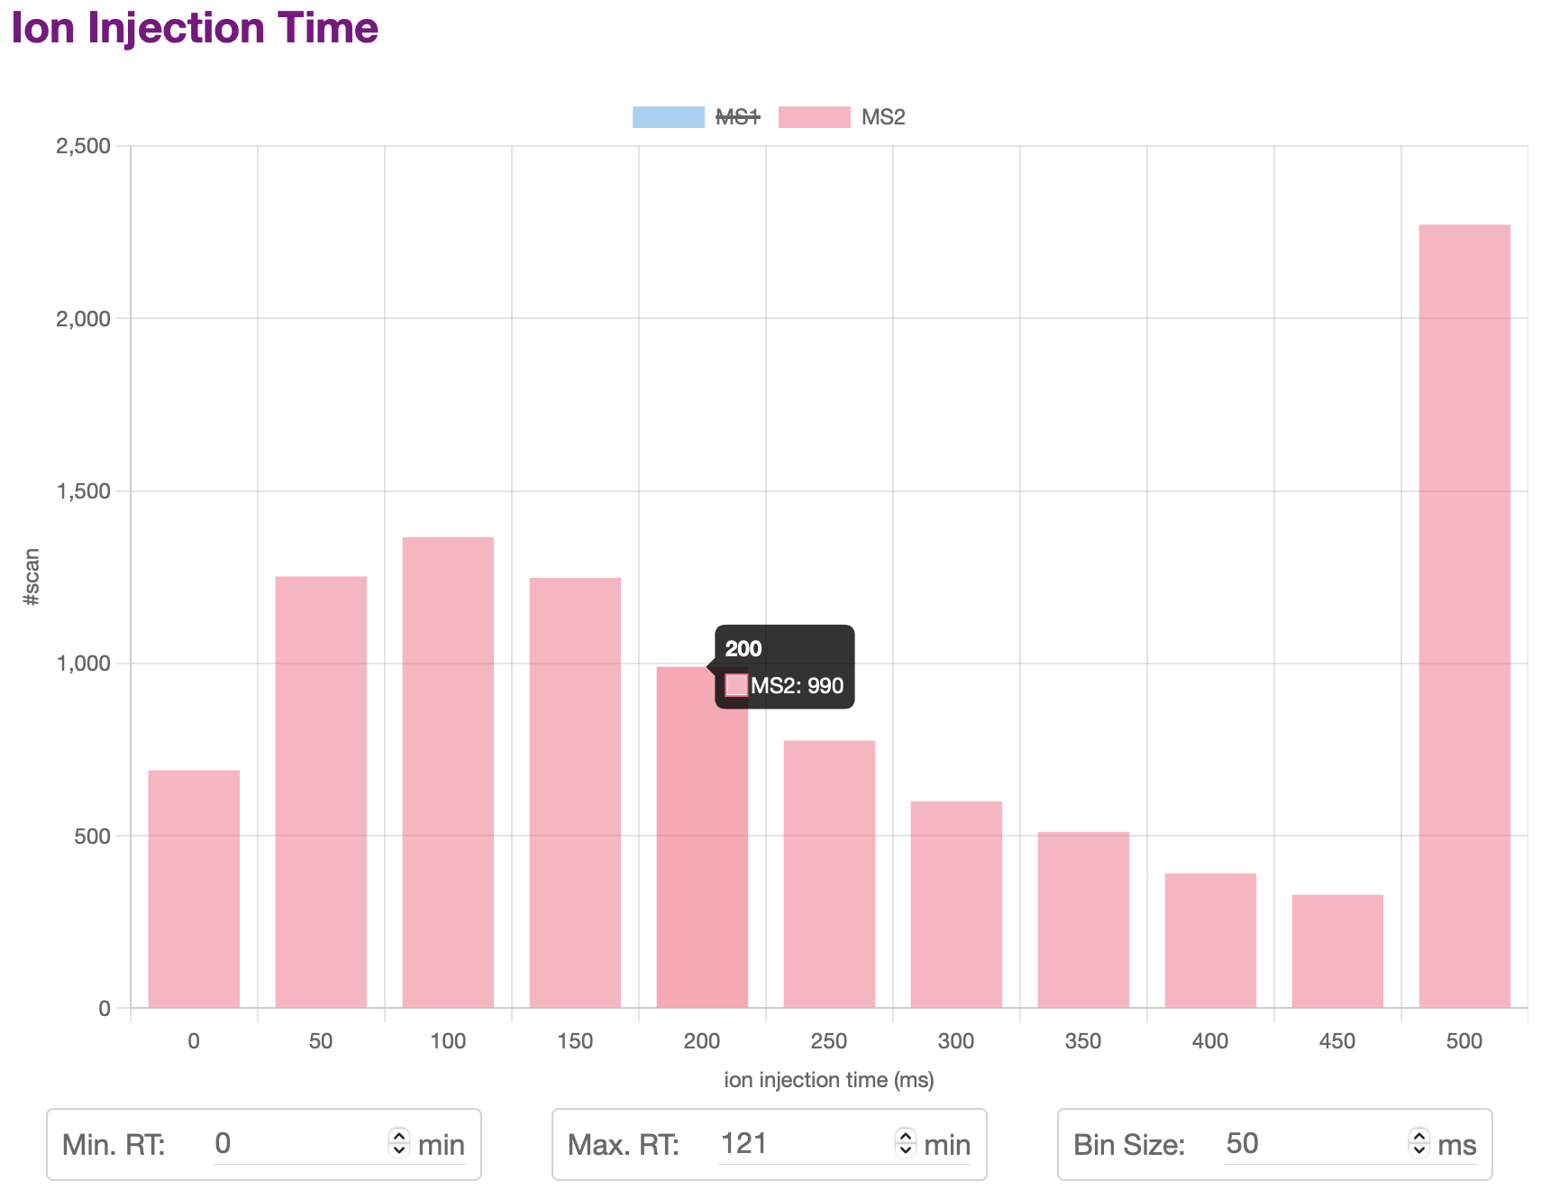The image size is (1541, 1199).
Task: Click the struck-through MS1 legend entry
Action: click(737, 117)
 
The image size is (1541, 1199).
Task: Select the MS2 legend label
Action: click(882, 117)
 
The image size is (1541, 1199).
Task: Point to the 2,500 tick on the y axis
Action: click(83, 146)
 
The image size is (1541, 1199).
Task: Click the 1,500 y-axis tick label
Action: click(83, 491)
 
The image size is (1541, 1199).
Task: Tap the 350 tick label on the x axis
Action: click(1083, 1041)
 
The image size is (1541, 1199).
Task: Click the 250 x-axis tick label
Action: click(829, 1041)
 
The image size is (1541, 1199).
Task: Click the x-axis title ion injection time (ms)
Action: click(829, 1080)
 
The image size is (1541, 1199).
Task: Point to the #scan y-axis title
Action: click(32, 577)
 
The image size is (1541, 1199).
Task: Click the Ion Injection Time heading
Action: click(195, 28)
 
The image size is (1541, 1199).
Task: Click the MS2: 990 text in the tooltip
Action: click(797, 686)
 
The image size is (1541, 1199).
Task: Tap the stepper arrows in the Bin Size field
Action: click(1419, 1143)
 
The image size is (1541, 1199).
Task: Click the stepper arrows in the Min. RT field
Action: click(399, 1143)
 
